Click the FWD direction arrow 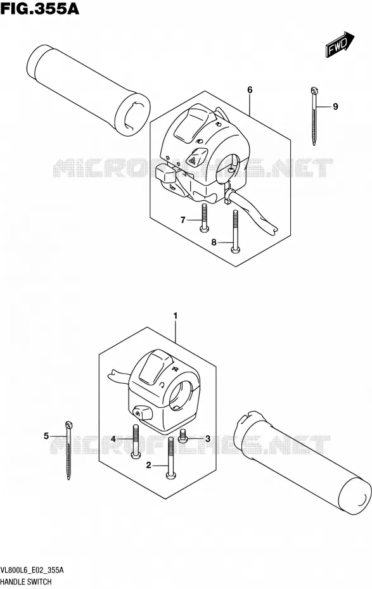coord(340,45)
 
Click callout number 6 coord(250,90)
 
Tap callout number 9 coord(335,106)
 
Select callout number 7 coord(183,220)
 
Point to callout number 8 coord(214,243)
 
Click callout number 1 coord(175,317)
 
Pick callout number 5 coord(46,436)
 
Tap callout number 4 coord(113,438)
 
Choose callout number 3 coord(207,438)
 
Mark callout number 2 coord(149,465)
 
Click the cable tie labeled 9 coord(314,116)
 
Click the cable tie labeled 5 coord(68,450)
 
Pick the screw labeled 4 coord(135,441)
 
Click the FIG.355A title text coord(40,8)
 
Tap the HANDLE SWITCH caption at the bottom coord(27,582)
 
